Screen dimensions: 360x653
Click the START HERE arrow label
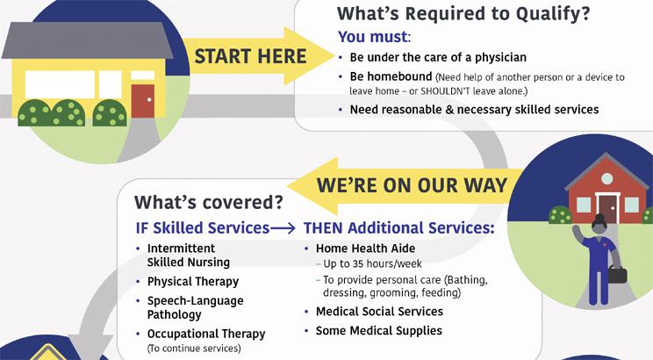click(x=250, y=57)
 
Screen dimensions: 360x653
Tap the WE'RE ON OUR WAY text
click(x=411, y=185)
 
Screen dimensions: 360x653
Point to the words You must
click(x=372, y=38)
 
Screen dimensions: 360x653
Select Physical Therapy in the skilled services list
click(x=192, y=282)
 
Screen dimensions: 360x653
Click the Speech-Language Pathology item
click(x=195, y=307)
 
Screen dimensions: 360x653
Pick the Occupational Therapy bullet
click(x=205, y=334)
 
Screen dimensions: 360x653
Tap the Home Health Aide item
click(x=365, y=248)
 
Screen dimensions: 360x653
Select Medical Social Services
click(x=379, y=312)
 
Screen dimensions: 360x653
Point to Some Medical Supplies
click(x=378, y=331)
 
